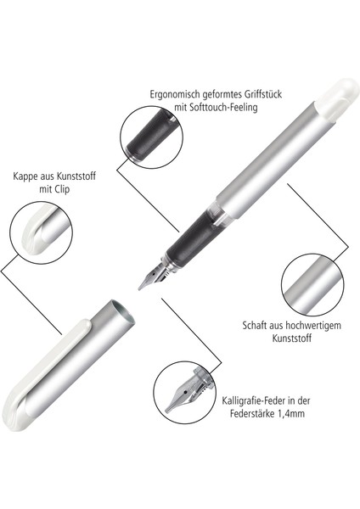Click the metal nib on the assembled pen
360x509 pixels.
[x=152, y=277]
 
